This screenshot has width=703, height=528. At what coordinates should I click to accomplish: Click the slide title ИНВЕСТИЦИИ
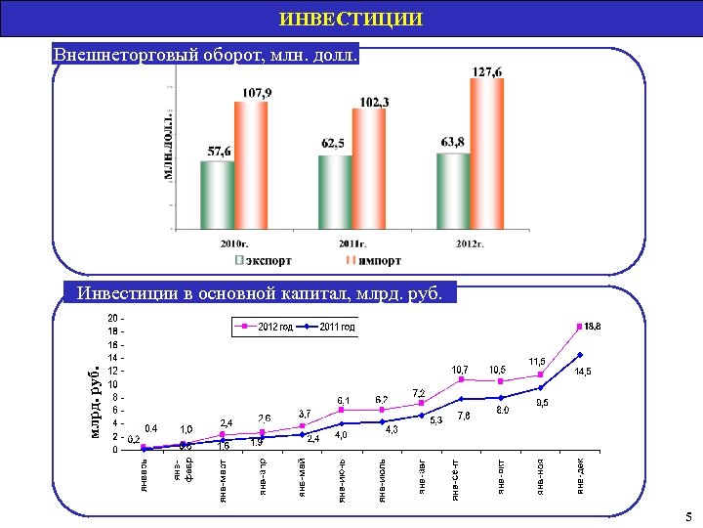tap(351, 19)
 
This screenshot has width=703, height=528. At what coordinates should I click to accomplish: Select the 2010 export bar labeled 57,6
tap(218, 195)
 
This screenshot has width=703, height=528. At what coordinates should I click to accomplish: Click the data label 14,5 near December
tap(583, 373)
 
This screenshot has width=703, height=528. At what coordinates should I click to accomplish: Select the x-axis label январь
tap(144, 472)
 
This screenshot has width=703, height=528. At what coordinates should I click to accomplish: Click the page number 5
tap(689, 517)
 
